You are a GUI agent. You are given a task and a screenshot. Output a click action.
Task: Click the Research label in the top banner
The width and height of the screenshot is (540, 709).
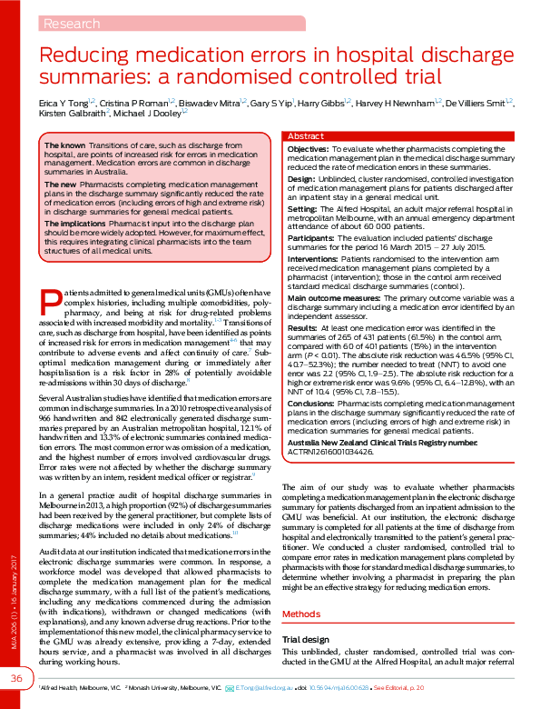coord(71,23)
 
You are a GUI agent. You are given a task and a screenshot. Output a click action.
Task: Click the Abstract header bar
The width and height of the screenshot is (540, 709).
coord(305,135)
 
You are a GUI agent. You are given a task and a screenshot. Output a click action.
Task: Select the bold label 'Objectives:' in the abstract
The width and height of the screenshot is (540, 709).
coord(308,147)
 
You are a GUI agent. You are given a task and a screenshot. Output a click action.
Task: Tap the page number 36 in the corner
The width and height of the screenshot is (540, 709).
coord(16,679)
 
